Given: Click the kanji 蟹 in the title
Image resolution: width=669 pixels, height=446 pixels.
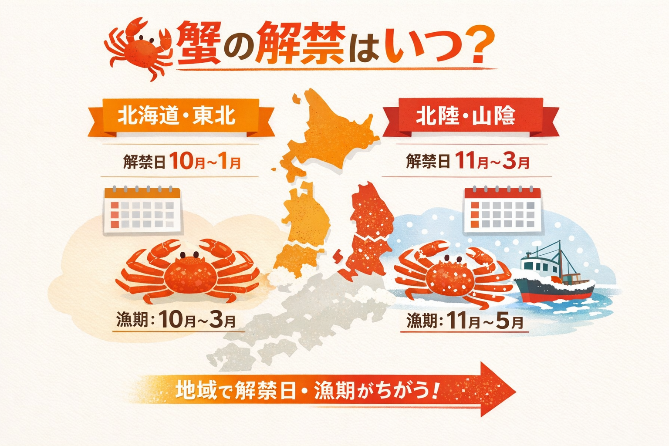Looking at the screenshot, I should point(198,44).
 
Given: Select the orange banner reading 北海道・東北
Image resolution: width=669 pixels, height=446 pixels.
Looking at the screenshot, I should point(176,116).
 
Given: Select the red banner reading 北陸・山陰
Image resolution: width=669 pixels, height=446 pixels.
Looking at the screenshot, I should point(466,116).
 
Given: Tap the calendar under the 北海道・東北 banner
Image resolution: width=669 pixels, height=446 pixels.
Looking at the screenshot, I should point(142,211).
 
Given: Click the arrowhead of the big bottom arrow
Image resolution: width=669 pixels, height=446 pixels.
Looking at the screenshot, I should point(497,389).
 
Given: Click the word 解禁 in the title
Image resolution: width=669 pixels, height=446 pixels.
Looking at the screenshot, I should point(301,44).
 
